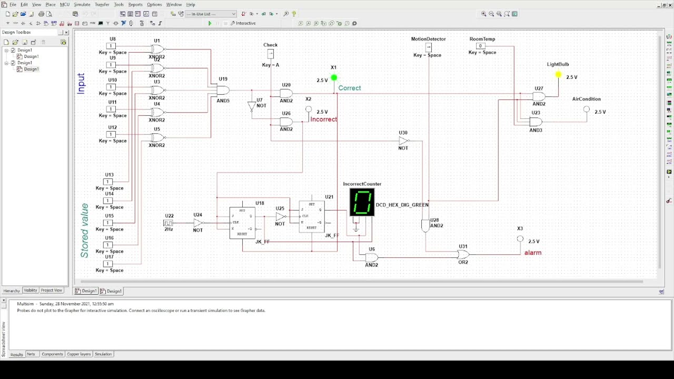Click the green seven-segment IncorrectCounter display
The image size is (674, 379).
point(362,203)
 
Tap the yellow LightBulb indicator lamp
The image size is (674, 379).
point(558,75)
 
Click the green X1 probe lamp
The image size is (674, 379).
point(334,78)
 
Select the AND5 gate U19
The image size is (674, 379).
point(223,90)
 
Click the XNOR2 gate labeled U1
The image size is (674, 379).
point(157,49)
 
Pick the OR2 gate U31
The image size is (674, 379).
point(463,254)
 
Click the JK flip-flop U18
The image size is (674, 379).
point(242,223)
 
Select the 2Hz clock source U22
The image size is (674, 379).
point(168,223)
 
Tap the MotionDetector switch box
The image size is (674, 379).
point(429,47)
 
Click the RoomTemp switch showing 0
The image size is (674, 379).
point(480,46)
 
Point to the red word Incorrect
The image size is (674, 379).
point(323,119)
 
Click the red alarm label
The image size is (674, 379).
point(533,253)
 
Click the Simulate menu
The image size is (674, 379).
point(82,4)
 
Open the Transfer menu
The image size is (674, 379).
point(102,4)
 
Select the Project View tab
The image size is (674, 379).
point(52,291)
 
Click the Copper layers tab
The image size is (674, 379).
point(78,354)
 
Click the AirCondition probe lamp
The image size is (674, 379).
point(587,109)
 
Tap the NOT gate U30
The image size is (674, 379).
point(403,141)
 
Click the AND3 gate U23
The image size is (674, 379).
point(536,122)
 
